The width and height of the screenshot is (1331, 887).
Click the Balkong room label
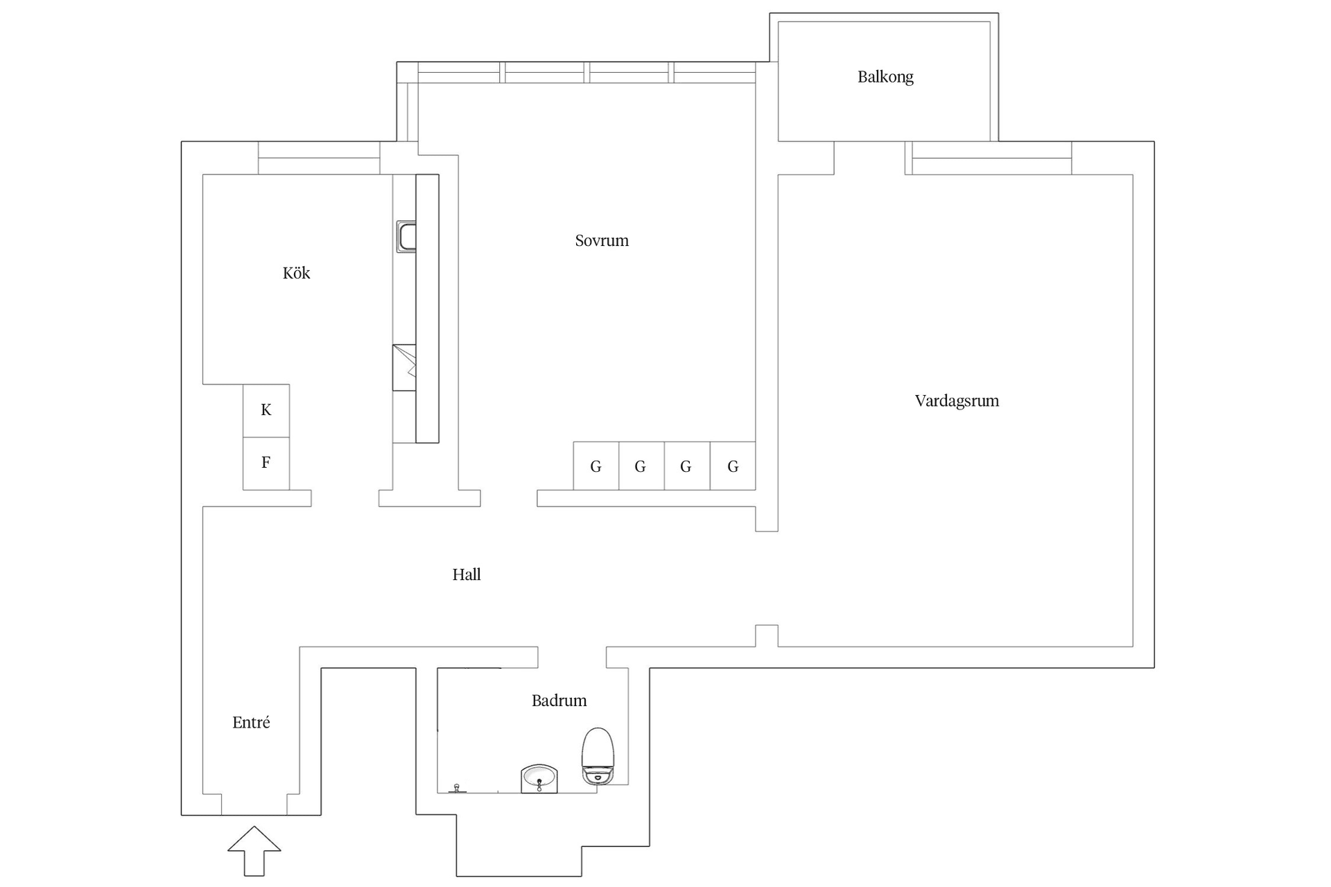[x=885, y=77]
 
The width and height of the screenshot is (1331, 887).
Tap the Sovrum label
[x=602, y=240]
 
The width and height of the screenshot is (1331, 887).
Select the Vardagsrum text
[x=957, y=401]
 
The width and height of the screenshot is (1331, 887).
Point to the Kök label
[x=296, y=273]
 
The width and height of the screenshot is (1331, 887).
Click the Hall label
[x=466, y=574]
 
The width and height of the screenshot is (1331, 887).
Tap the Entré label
[x=251, y=723]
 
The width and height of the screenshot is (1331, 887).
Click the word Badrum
[x=559, y=701]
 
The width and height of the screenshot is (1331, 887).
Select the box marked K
[x=266, y=410]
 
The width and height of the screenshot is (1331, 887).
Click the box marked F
[x=266, y=463]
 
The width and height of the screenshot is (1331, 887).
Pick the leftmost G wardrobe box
[x=595, y=466]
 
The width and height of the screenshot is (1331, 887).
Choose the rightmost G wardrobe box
[x=733, y=466]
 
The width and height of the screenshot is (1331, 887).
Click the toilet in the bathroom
[x=598, y=755]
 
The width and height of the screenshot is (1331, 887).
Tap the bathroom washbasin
[x=539, y=778]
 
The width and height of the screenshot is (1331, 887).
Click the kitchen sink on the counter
[x=406, y=236]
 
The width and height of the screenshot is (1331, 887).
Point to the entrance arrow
[x=254, y=850]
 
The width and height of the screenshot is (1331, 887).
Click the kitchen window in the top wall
[x=319, y=158]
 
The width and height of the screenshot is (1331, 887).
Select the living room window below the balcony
[x=991, y=158]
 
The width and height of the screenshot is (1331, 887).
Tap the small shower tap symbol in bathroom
[x=457, y=788]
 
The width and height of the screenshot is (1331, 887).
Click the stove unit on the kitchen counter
[x=404, y=367]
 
